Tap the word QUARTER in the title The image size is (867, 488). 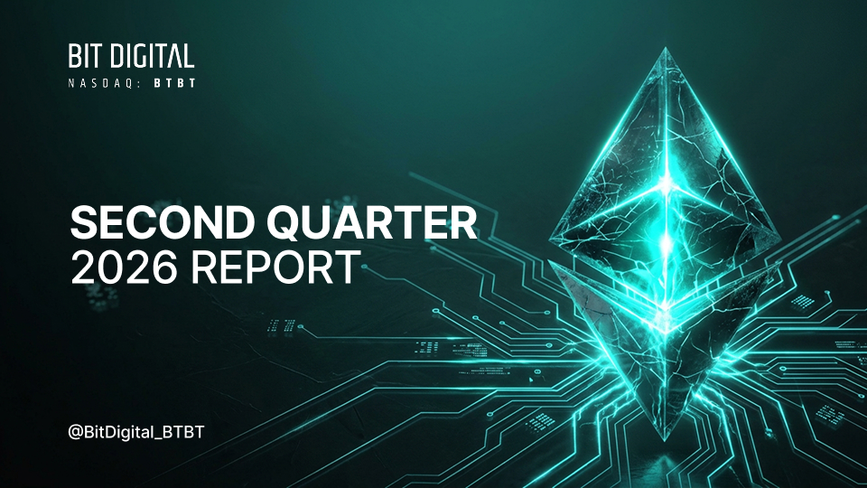pos(371,223)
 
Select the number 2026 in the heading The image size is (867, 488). pos(125,267)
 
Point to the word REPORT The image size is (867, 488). pos(275,267)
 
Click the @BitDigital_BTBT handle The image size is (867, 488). pos(136,432)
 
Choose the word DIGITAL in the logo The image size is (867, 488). pos(154,56)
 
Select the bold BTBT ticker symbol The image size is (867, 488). pos(174,83)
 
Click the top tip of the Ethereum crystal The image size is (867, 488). pos(666,48)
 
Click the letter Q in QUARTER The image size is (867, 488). pos(286,223)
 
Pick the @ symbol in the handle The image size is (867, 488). pos(75,433)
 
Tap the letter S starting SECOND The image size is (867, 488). pos(83,222)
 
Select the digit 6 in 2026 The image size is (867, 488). pos(164,267)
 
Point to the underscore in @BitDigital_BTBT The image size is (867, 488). pos(154,439)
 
